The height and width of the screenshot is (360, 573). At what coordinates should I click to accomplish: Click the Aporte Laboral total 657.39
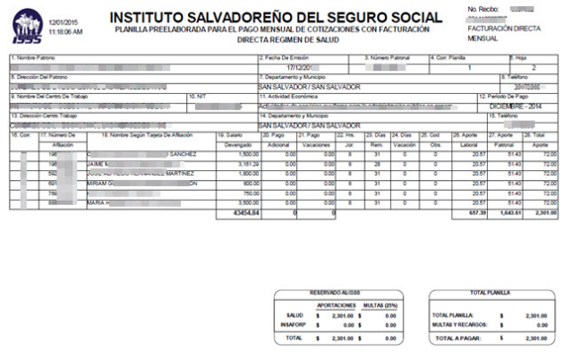pyautogui.click(x=475, y=214)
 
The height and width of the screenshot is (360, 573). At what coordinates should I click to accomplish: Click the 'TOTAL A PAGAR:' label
pyautogui.click(x=457, y=339)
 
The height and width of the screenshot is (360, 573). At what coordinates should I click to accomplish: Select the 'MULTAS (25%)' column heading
pyautogui.click(x=378, y=304)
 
